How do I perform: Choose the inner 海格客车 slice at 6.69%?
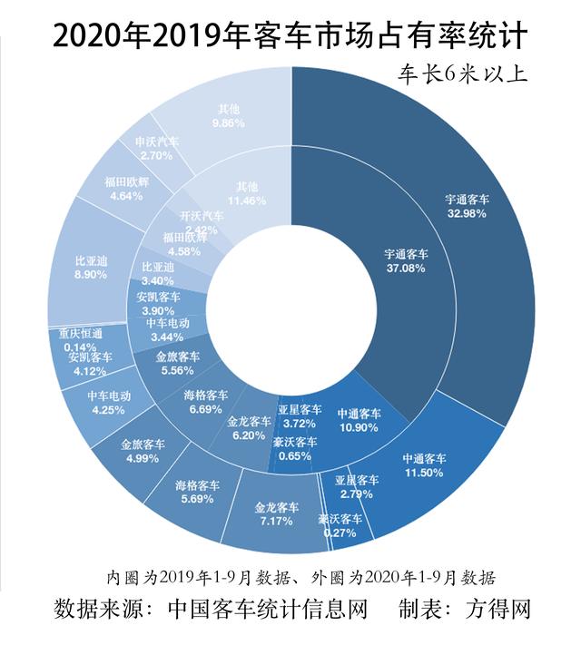tap(204, 400)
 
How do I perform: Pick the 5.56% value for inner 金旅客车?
tap(172, 370)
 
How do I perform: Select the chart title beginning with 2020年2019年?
tap(290, 34)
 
